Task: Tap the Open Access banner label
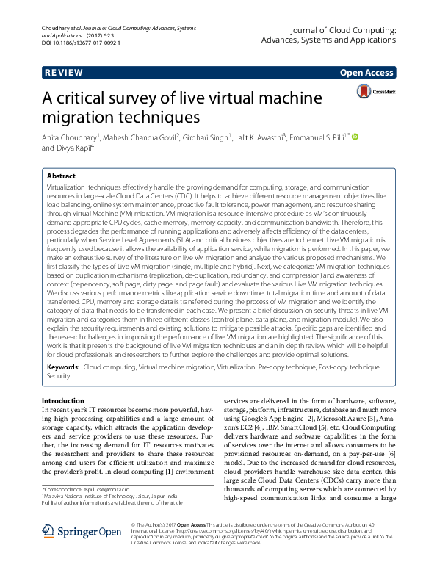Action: tap(367, 73)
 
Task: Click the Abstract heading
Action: tap(61, 176)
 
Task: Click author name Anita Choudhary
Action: tap(70, 137)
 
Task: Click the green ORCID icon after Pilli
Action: tap(355, 137)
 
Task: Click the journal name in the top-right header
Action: tap(344, 35)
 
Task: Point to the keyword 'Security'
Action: tap(59, 375)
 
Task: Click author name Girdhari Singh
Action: tap(207, 137)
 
